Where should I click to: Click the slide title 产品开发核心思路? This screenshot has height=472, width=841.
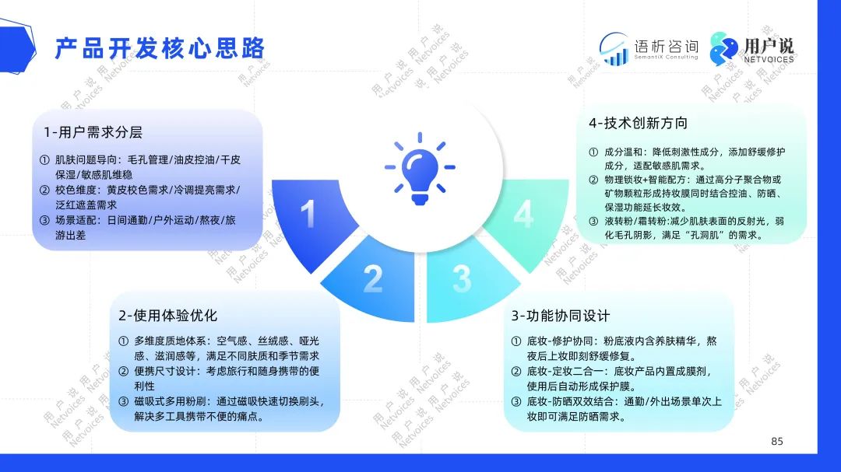[x=160, y=48]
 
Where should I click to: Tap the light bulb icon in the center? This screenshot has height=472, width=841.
[x=420, y=169]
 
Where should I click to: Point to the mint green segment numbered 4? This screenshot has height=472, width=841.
[x=528, y=219]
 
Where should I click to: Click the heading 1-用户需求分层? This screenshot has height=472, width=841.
[x=93, y=132]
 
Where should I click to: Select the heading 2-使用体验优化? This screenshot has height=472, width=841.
[x=168, y=316]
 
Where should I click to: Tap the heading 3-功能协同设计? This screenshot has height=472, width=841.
[x=561, y=316]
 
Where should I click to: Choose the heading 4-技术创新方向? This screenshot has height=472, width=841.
[x=638, y=123]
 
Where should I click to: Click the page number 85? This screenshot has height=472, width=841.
[x=777, y=442]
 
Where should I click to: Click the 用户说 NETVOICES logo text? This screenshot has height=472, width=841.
[x=769, y=51]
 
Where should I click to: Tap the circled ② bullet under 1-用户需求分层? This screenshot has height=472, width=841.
[x=44, y=191]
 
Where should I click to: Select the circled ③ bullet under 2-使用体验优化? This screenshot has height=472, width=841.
[x=123, y=402]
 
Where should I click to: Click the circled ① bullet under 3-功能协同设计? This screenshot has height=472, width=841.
[x=516, y=341]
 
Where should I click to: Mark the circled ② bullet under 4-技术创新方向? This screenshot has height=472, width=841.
[x=593, y=180]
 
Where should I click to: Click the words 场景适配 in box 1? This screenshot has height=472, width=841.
[x=75, y=220]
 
